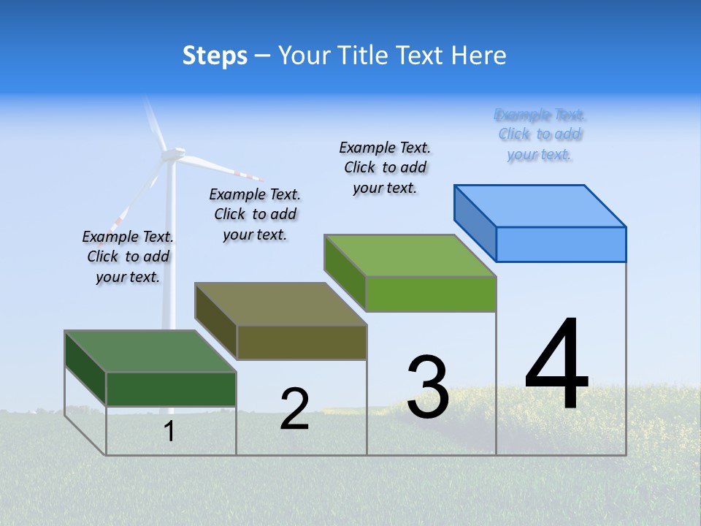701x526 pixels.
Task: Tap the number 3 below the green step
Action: point(428,387)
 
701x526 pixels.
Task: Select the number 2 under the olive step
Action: point(294,408)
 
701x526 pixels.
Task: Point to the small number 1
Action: point(169,431)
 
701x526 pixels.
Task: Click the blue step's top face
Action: point(540,205)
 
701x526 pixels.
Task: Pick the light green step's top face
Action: point(410,256)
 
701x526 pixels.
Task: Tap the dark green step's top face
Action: point(150,351)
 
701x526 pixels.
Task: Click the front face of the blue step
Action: point(561,244)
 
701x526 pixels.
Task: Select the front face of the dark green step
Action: point(171,389)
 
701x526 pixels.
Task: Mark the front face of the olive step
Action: point(302,342)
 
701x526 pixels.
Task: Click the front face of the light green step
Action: point(431,294)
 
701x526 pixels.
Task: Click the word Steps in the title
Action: point(215,56)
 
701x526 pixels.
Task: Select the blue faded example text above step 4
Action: point(540,134)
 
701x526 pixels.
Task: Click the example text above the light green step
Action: point(385,167)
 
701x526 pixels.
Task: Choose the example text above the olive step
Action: point(255,214)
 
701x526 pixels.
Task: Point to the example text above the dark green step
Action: point(128,256)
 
